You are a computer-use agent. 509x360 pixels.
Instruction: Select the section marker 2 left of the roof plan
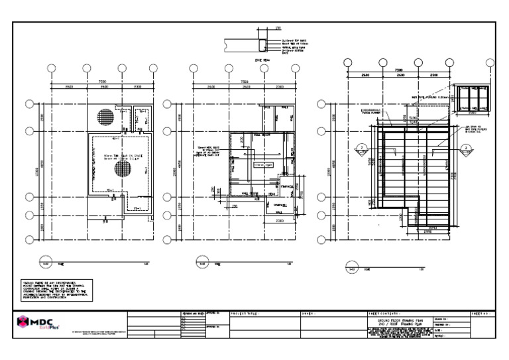coord(363,148)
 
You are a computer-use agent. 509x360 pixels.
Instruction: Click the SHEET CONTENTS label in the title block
coord(384,312)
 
